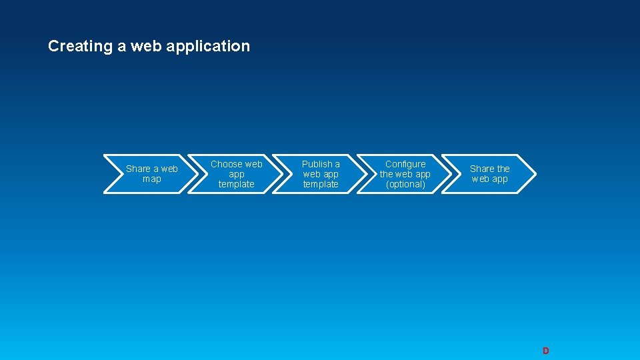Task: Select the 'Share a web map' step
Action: click(152, 174)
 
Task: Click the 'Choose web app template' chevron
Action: click(236, 174)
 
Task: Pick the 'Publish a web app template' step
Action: click(321, 174)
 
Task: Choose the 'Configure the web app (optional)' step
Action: click(405, 174)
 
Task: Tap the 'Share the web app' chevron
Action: click(489, 174)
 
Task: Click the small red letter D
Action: click(545, 351)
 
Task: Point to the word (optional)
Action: click(405, 184)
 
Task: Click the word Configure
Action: click(405, 164)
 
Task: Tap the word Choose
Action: click(227, 164)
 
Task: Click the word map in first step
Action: click(152, 179)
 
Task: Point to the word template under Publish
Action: click(321, 184)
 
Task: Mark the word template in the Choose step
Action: click(236, 184)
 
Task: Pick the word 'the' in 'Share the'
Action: click(503, 169)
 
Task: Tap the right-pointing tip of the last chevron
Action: click(533, 174)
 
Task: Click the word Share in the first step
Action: click(138, 169)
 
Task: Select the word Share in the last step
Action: click(482, 169)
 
